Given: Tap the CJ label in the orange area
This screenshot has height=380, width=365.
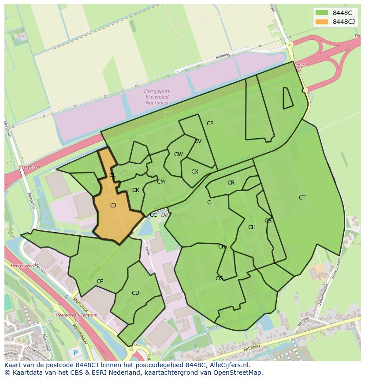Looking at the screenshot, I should (x=113, y=206).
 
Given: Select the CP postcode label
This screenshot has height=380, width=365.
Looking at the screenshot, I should (x=210, y=124).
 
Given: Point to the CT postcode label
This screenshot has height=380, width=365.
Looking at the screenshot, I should (x=302, y=198).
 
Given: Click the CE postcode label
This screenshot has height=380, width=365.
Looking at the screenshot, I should (x=100, y=282).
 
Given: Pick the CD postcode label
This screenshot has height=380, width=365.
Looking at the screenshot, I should (x=135, y=293).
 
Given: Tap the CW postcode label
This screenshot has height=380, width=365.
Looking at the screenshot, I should (x=178, y=154).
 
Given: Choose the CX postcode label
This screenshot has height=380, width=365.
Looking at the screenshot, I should (x=195, y=172).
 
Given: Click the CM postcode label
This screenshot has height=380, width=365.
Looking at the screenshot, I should (x=161, y=182).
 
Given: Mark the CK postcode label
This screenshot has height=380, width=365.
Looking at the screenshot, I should (x=136, y=191).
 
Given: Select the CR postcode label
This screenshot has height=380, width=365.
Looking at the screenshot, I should (x=231, y=183).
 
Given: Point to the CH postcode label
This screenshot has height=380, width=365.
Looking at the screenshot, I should (x=252, y=227).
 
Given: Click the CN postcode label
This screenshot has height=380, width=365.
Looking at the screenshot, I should (x=222, y=247).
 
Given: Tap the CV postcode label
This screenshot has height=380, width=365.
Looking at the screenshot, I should (x=198, y=141).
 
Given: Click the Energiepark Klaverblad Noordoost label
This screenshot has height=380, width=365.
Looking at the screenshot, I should (x=157, y=97).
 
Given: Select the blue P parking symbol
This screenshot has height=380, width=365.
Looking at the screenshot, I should (x=75, y=353).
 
